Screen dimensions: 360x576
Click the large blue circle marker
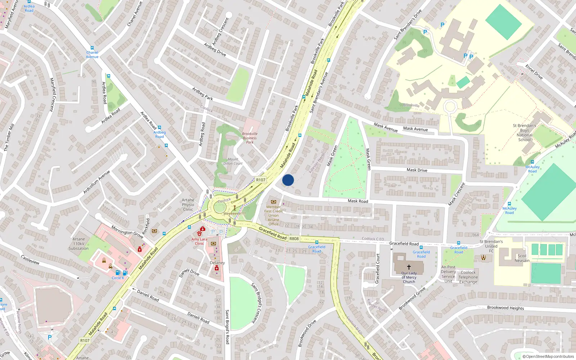click(288, 180)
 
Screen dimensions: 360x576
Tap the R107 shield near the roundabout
click(261, 180)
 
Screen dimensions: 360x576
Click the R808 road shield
click(294, 239)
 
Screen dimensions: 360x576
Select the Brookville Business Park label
click(250, 138)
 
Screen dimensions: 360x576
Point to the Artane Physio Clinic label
click(188, 205)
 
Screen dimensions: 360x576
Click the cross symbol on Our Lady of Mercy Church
click(409, 267)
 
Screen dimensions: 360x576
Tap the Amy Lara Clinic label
click(199, 241)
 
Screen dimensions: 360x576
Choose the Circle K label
click(118, 278)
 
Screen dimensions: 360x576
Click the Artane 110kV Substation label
click(78, 244)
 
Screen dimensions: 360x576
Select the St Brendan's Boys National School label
click(525, 132)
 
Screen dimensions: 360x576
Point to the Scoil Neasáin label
click(522, 258)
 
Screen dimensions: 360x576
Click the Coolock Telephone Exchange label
click(468, 277)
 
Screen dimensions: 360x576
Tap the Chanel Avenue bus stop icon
click(92, 48)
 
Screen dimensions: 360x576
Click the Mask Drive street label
click(417, 170)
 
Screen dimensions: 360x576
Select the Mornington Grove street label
click(127, 232)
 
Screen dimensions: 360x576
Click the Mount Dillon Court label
click(233, 161)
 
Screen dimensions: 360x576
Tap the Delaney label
click(217, 263)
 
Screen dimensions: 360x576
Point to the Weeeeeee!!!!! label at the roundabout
click(235, 213)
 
